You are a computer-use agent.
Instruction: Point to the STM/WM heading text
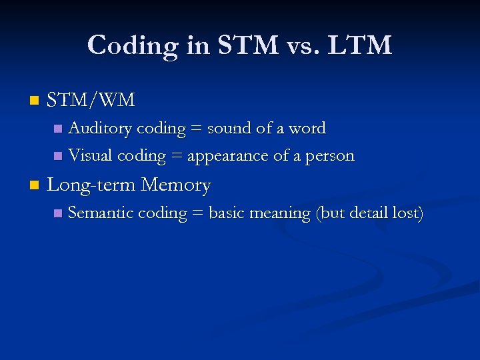tap(91, 101)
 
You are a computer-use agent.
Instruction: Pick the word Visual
tap(91, 156)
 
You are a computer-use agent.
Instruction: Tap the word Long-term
tap(93, 185)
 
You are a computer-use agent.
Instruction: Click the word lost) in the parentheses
tap(409, 213)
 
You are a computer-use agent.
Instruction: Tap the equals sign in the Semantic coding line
tap(197, 214)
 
